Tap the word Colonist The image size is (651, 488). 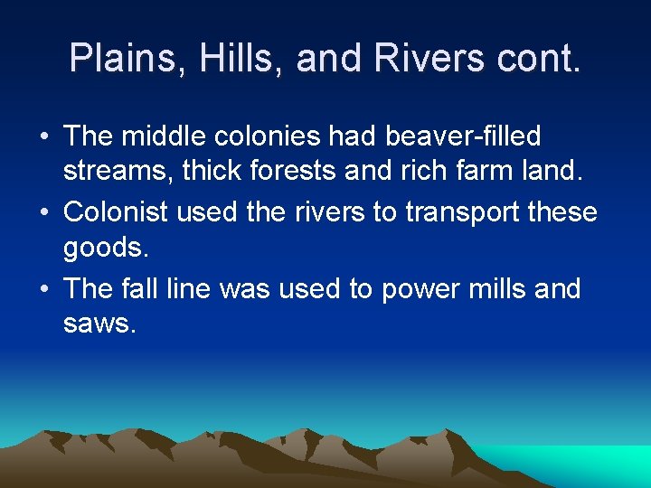[x=117, y=212]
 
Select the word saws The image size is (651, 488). [x=99, y=323]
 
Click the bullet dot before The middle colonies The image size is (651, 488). [x=44, y=137]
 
